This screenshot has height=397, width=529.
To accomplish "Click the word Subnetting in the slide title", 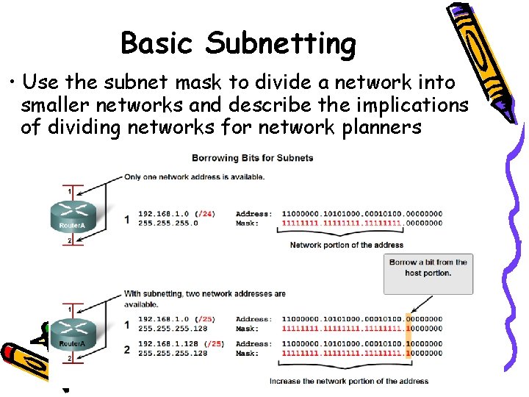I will point(281,44).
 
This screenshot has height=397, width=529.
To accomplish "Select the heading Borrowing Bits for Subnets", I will point(252,157).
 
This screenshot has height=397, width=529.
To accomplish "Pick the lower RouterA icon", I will point(72,335).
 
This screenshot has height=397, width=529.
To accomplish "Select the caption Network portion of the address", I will point(346,245).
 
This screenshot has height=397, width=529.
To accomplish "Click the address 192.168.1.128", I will point(170,343).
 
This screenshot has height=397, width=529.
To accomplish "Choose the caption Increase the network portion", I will point(349,381).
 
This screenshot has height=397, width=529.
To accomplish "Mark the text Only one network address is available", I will point(195,176).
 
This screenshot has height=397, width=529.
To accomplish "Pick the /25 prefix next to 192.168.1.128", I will point(214,343).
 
